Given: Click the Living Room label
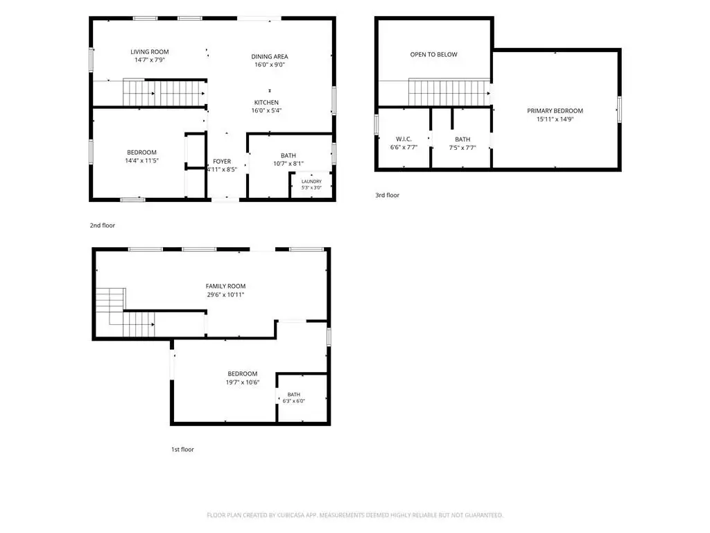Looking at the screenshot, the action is pos(150,52).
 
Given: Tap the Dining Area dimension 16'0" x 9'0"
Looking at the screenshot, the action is pos(270,65).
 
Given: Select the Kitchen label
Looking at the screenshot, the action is pos(266,103).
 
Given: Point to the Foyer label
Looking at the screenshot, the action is pos(222,161).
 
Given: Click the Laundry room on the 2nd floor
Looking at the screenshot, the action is pos(311,185).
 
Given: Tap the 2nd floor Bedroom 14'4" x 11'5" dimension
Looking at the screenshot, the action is pos(141,160).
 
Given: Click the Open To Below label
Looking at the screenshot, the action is pos(434,54).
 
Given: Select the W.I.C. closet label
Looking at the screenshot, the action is pos(404,139).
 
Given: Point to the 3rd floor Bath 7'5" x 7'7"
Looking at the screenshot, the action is pos(462,143).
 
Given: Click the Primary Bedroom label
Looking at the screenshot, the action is pos(555,110).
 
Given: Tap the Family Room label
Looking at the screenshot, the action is pos(225,286).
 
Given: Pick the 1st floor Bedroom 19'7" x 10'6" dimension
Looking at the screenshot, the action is pos(243,382).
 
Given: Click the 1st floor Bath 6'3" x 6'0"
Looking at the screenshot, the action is pos(294,398).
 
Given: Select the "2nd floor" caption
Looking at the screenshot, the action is pos(103,226).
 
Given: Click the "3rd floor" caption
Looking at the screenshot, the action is pos(387,195).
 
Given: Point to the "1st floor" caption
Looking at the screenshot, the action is pos(182,450).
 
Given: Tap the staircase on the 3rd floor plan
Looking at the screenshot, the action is pos(449,92).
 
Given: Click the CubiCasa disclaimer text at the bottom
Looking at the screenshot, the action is pos(355,515).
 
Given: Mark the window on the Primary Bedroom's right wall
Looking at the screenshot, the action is pos(619,109).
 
